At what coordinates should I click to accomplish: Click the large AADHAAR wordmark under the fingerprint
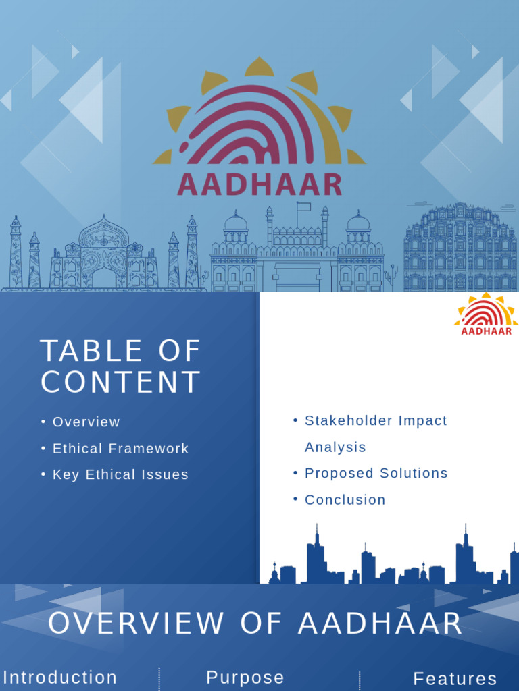pos(259,184)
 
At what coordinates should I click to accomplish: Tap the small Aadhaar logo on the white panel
pos(486,314)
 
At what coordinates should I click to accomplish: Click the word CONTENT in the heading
pos(121,382)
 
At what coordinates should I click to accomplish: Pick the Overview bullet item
pos(86,422)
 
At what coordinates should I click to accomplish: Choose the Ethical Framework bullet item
pos(120,448)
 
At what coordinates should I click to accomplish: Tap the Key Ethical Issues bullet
pos(120,474)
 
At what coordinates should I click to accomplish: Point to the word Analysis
pos(335,447)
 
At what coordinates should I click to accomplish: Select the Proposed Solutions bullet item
pos(376,473)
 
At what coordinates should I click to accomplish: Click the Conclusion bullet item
pos(345,499)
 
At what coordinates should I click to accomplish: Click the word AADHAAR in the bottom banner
pos(380,623)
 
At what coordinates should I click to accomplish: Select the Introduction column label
pos(60,677)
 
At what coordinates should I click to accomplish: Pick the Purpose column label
pos(245,677)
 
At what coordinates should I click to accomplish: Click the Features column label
pos(455,678)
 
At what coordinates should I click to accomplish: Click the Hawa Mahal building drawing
pos(460,248)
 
